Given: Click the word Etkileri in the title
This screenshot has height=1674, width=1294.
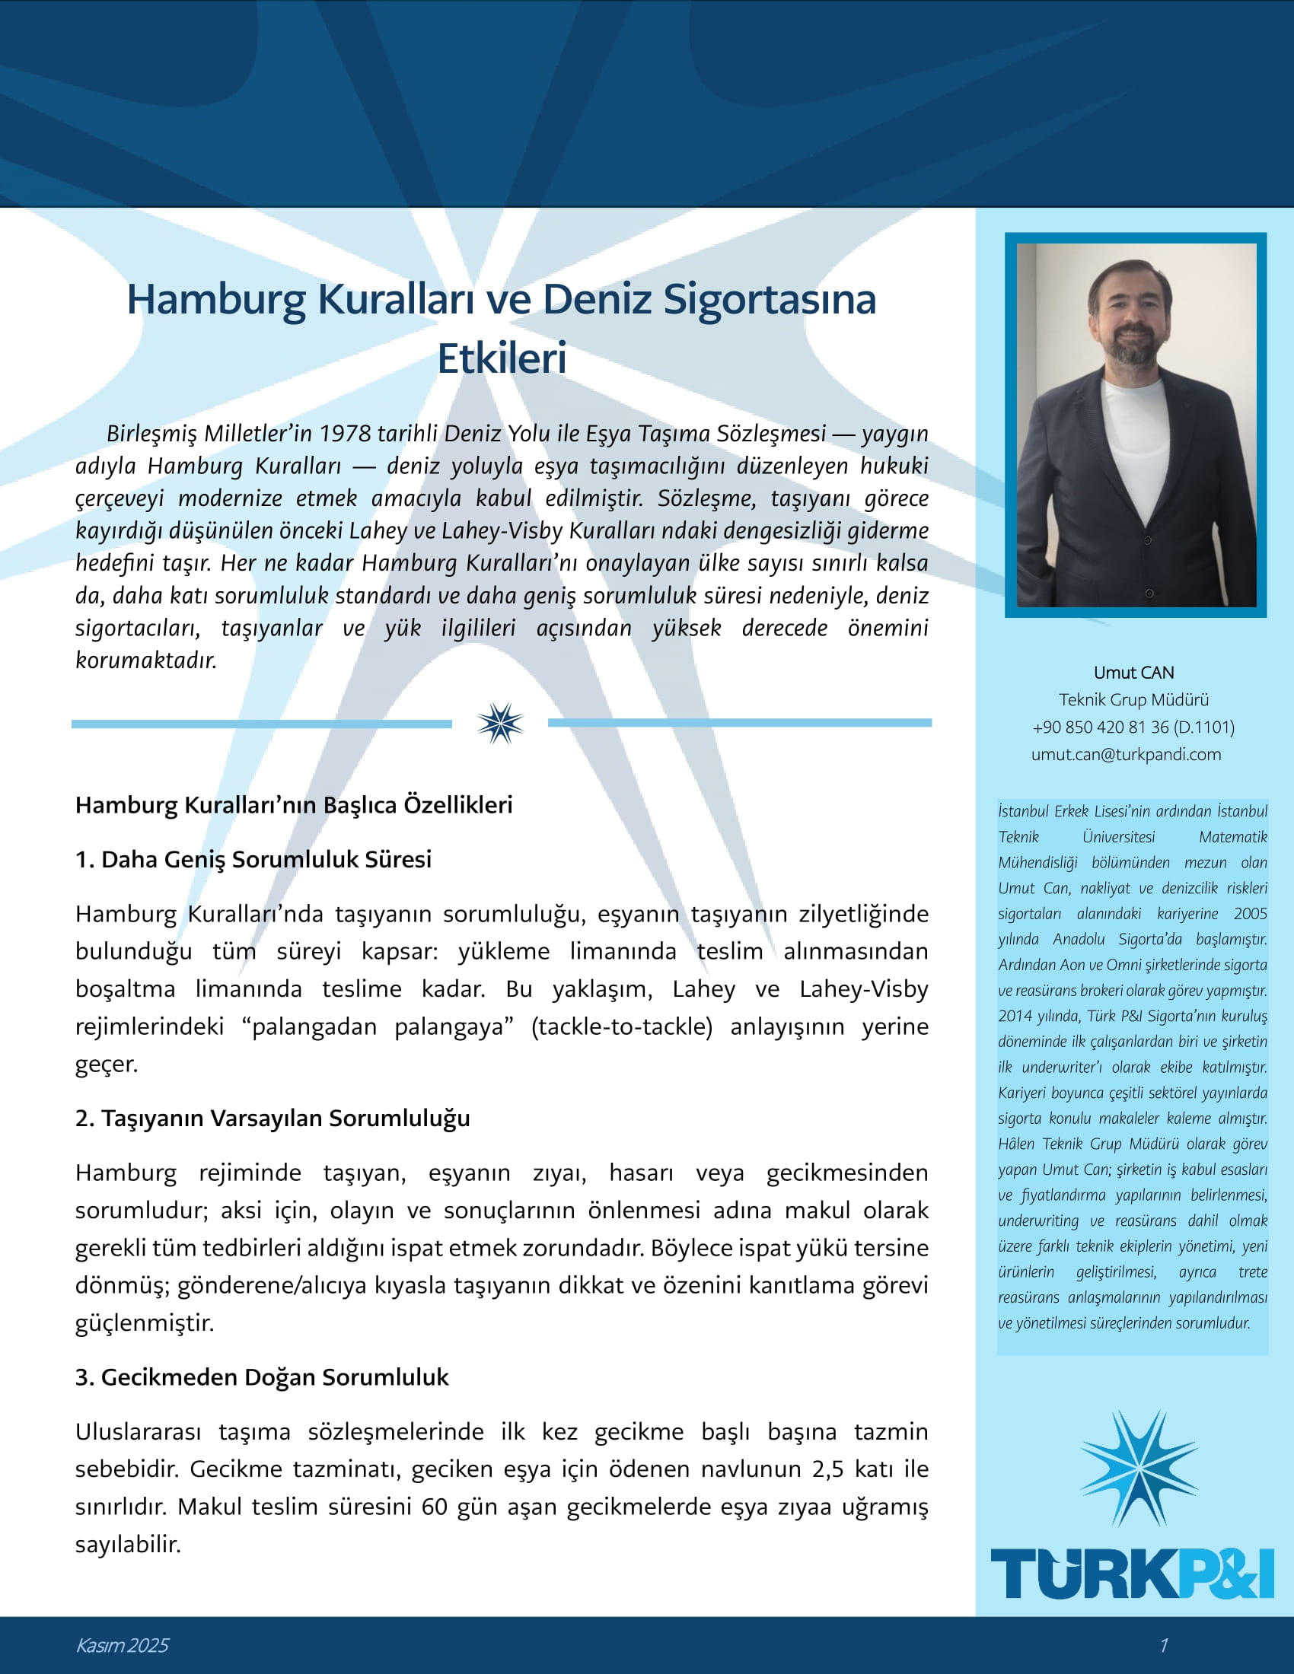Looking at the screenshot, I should tap(502, 358).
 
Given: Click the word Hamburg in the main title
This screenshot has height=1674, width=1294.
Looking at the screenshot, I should tap(216, 299).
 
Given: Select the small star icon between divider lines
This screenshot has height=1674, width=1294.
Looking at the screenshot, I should tap(500, 723).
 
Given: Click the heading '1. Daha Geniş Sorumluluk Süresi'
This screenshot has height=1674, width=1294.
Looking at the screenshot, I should tap(253, 859).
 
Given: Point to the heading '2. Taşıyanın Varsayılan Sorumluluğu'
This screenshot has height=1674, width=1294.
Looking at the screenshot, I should tap(273, 1119).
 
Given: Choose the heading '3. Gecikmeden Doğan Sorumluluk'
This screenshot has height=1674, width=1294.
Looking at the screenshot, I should tap(261, 1377).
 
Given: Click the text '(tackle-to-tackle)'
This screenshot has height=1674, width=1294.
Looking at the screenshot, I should tap(622, 1026).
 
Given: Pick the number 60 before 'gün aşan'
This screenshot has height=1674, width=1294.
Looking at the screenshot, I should tap(434, 1506).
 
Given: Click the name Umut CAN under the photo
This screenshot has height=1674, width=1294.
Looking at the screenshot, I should tap(1134, 672).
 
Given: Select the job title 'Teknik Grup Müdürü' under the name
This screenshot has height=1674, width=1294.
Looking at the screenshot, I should tap(1134, 699).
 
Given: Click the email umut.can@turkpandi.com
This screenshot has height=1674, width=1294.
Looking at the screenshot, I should tap(1125, 754).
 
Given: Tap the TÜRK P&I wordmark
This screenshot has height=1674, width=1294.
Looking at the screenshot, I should tap(1133, 1574).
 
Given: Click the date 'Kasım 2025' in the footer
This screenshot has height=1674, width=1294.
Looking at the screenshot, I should tap(122, 1645).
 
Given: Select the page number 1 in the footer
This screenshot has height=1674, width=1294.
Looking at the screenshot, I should tap(1164, 1645).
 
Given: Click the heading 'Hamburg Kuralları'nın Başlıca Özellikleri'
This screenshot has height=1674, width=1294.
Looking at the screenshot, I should tap(294, 805).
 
